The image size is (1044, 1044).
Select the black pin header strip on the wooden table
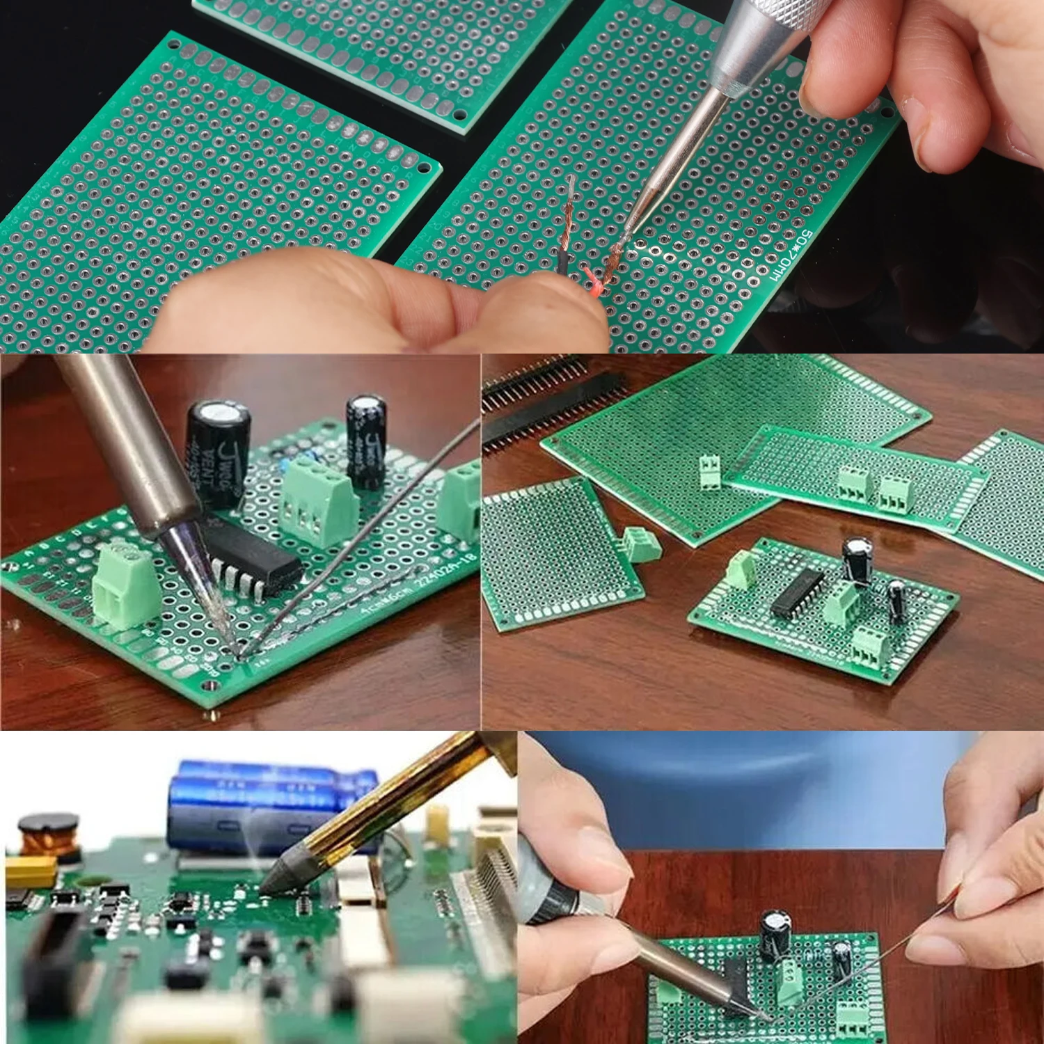tap(550, 404)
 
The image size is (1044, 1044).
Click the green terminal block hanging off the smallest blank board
tap(642, 543)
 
